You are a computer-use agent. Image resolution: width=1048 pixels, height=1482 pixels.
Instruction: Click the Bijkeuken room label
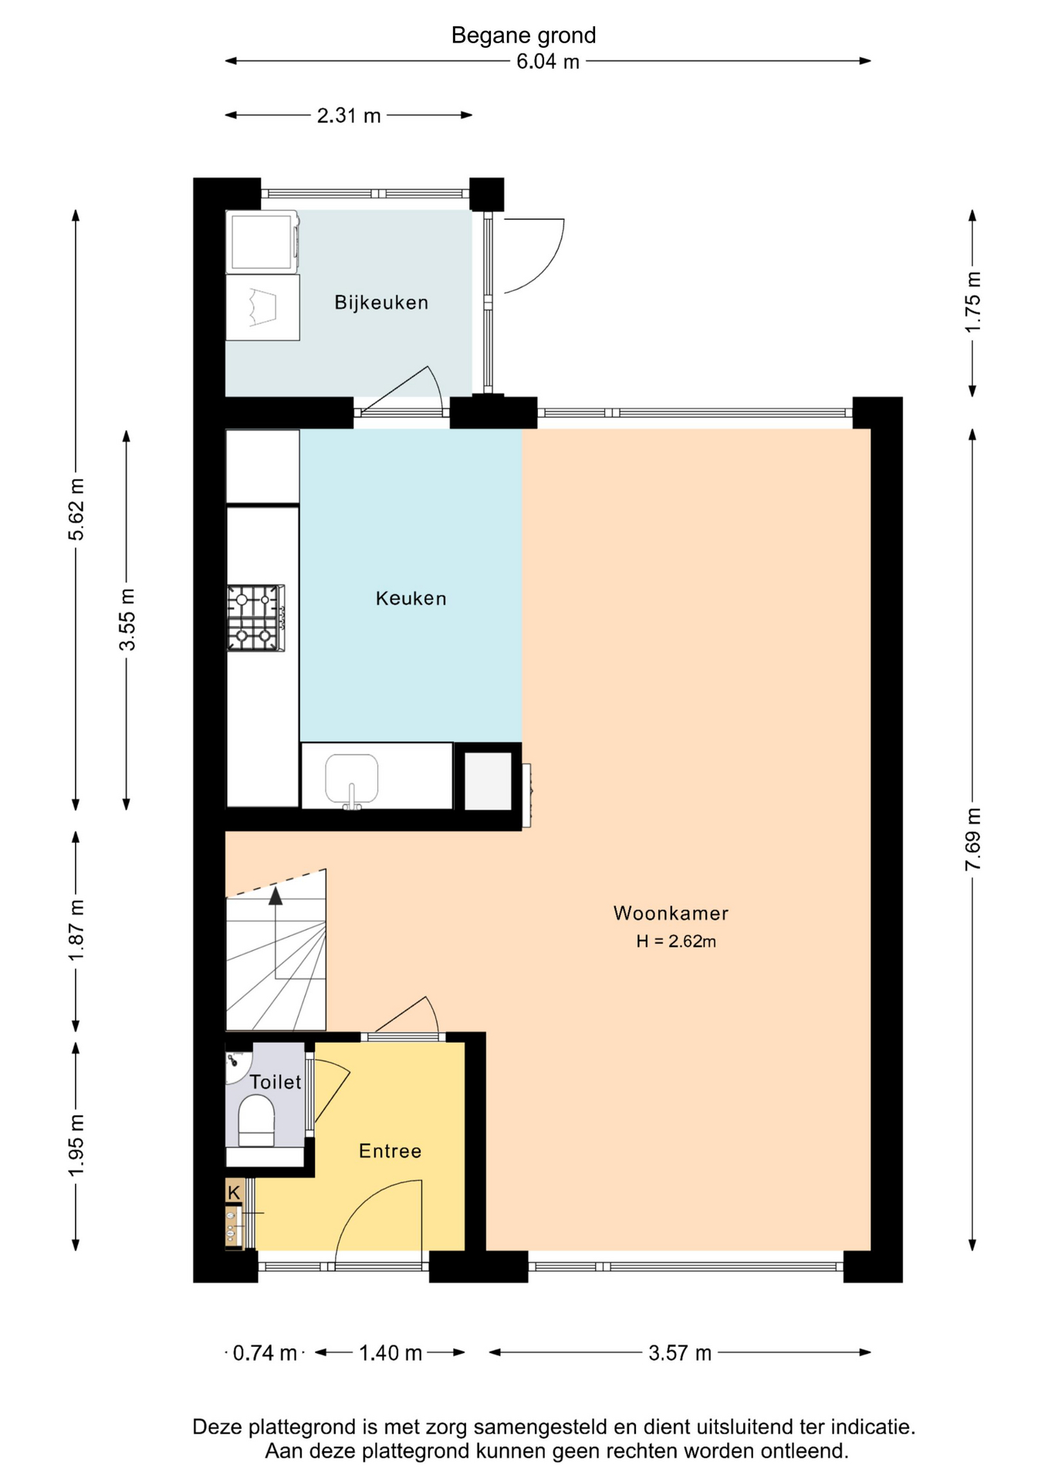coord(381,303)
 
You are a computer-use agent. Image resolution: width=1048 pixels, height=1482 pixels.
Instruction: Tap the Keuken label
coord(411,598)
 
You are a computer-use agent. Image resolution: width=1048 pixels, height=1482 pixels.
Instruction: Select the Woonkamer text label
coord(671,913)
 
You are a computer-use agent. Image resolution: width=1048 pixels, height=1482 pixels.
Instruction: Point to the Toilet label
coord(276,1082)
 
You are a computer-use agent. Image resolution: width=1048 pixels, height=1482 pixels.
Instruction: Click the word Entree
coord(390,1151)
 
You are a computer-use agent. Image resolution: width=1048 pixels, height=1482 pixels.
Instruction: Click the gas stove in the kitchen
coord(255,617)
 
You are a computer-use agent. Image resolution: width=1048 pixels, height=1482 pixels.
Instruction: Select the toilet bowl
coord(256,1120)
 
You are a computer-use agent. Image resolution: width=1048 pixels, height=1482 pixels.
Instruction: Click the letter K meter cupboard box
coord(235,1192)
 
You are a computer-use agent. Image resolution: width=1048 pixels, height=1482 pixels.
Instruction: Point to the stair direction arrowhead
coord(276,895)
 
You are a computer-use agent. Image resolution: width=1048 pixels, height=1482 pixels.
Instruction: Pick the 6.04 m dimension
coord(548,62)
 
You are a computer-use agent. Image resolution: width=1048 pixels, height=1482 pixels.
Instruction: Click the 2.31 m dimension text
coord(349,116)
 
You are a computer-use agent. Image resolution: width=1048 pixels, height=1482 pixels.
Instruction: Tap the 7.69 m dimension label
coord(973,839)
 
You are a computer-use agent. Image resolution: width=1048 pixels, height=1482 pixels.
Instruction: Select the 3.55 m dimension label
coord(127,619)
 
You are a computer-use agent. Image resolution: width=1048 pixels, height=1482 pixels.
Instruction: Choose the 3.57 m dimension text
coord(680,1352)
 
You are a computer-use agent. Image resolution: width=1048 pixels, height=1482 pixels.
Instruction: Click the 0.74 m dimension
coord(265,1352)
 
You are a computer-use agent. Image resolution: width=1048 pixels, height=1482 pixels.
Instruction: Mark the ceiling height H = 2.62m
coord(676,941)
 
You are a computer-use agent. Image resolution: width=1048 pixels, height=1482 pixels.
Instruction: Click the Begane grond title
coord(524,36)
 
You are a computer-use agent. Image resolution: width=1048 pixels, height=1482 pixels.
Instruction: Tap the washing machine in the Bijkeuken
coord(262,242)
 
